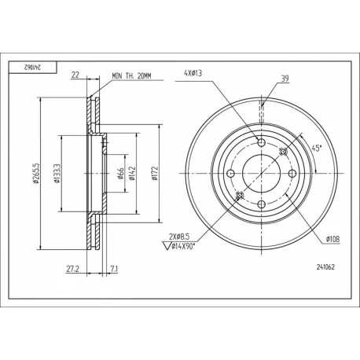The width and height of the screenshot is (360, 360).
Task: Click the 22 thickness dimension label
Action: coord(75,75)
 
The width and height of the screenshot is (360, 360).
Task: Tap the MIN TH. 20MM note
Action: coord(132,76)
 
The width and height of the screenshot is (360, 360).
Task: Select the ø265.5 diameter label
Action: coord(36,173)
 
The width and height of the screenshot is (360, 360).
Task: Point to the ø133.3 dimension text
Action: coord(57,173)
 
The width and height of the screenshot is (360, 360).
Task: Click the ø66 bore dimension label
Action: coord(121,174)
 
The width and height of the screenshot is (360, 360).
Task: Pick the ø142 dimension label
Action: coord(132,173)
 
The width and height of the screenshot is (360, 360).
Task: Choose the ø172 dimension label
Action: coord(156,173)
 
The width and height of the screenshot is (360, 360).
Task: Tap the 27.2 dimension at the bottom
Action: coord(72,269)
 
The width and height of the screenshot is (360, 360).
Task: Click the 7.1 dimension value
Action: coord(114,269)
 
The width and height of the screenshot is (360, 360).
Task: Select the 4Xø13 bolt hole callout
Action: coord(193,73)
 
